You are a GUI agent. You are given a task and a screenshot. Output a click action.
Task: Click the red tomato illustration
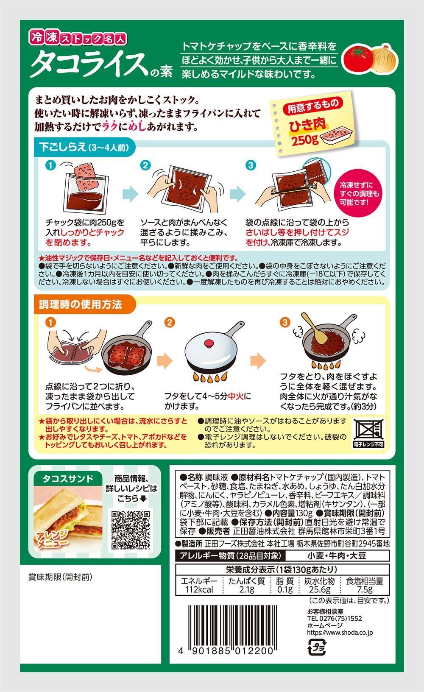(359, 58)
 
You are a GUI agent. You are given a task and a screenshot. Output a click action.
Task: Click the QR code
(131, 530)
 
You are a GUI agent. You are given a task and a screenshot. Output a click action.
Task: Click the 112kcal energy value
(200, 589)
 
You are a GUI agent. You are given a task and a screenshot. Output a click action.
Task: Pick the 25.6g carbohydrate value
(319, 589)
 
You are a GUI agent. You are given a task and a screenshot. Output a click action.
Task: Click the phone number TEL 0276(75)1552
(335, 618)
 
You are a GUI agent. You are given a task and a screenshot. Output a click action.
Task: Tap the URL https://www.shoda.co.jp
(340, 632)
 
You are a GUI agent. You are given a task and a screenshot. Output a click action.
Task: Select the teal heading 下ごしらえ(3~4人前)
(84, 147)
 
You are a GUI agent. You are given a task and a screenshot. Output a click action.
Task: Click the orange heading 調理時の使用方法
(81, 304)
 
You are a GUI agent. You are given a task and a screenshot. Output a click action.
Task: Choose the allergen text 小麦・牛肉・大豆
(337, 556)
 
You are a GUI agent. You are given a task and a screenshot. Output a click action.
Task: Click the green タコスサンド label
(68, 479)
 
